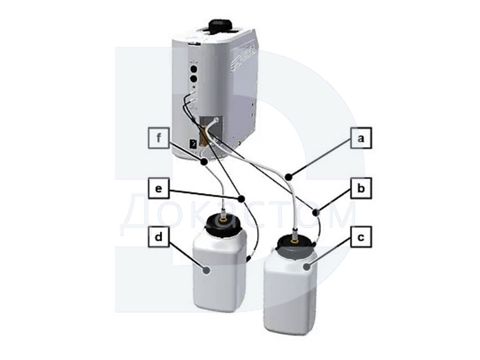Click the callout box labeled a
(x=361, y=138)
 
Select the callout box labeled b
(x=361, y=188)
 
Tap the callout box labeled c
(x=361, y=237)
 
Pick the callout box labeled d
(x=158, y=237)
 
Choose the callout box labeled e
(x=158, y=188)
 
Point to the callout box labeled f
(x=158, y=138)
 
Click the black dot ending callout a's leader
(x=288, y=177)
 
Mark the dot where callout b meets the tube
(x=316, y=211)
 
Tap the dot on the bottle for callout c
(x=307, y=267)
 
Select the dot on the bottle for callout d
(x=207, y=270)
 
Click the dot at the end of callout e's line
(x=241, y=199)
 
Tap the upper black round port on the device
(x=194, y=67)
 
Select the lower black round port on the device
(x=194, y=79)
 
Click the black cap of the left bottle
(x=223, y=225)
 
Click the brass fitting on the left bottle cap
(x=224, y=219)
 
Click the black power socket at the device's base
(x=194, y=144)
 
